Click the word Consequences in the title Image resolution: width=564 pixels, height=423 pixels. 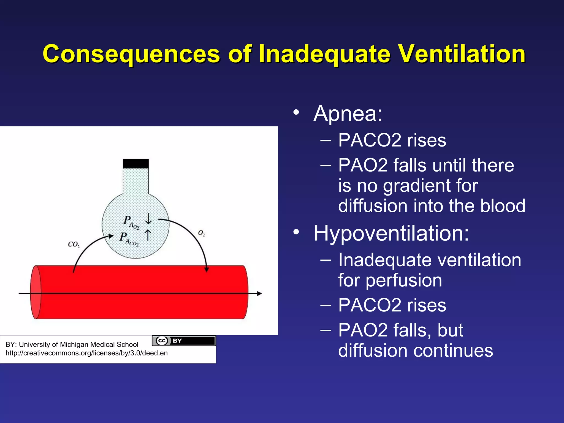pyautogui.click(x=131, y=54)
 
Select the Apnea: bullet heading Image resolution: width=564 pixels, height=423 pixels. pyautogui.click(x=348, y=113)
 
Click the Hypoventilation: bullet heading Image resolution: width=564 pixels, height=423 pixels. pyautogui.click(x=391, y=234)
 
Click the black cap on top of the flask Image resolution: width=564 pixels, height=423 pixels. pyautogui.click(x=135, y=163)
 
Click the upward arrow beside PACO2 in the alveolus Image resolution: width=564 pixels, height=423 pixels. pyautogui.click(x=148, y=235)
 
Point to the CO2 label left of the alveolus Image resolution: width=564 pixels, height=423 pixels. pyautogui.click(x=74, y=244)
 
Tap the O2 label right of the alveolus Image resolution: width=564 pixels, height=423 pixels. pyautogui.click(x=201, y=233)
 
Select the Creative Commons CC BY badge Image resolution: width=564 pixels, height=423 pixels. pyautogui.click(x=184, y=341)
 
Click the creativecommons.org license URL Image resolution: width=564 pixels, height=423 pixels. pyautogui.click(x=86, y=353)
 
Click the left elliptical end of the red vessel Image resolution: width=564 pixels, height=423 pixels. pyautogui.click(x=36, y=292)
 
